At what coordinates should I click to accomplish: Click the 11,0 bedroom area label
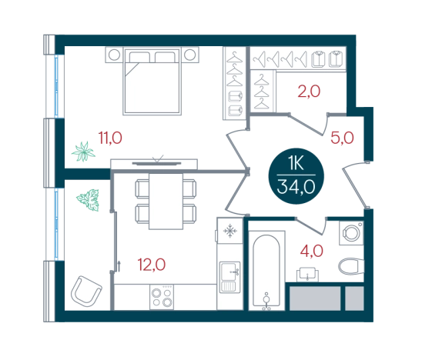(110, 138)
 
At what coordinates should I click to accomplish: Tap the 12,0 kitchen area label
(152, 265)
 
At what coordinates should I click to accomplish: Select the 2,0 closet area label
(309, 91)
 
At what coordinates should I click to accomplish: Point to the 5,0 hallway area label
(342, 138)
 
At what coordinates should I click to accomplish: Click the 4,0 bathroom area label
(312, 251)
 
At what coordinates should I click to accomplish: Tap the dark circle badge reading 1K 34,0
(296, 176)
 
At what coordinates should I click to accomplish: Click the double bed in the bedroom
(152, 82)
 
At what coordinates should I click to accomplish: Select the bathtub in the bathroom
(266, 270)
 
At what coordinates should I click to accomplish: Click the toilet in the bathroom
(351, 266)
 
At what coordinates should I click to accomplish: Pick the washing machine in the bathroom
(351, 233)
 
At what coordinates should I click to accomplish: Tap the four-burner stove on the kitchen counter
(162, 297)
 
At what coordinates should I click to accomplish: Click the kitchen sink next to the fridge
(230, 278)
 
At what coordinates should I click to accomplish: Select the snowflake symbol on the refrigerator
(230, 231)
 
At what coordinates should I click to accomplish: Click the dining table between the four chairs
(166, 201)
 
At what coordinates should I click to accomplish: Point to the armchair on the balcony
(86, 292)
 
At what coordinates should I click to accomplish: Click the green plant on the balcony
(89, 200)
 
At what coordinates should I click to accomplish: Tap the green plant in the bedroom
(83, 152)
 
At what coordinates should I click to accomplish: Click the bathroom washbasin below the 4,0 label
(307, 275)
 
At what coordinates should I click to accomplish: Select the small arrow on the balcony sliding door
(119, 266)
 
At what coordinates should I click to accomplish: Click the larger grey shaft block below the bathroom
(315, 298)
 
